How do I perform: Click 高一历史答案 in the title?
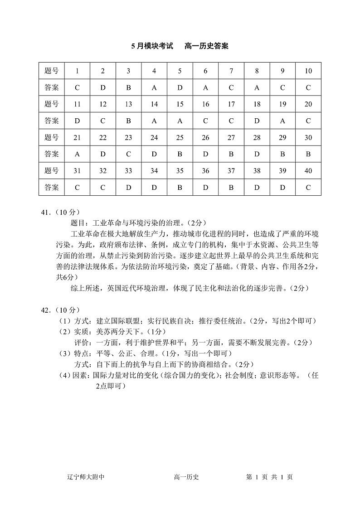(207, 46)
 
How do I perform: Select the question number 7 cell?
(231, 71)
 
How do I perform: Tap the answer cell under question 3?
(128, 87)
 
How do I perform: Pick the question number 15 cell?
(180, 104)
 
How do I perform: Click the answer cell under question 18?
(257, 121)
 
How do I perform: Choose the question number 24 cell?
(154, 138)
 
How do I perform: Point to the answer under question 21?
(77, 154)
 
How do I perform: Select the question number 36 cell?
(205, 171)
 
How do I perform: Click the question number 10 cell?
(308, 71)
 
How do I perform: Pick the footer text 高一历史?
(187, 476)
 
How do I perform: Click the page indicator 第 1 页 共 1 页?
(269, 476)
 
